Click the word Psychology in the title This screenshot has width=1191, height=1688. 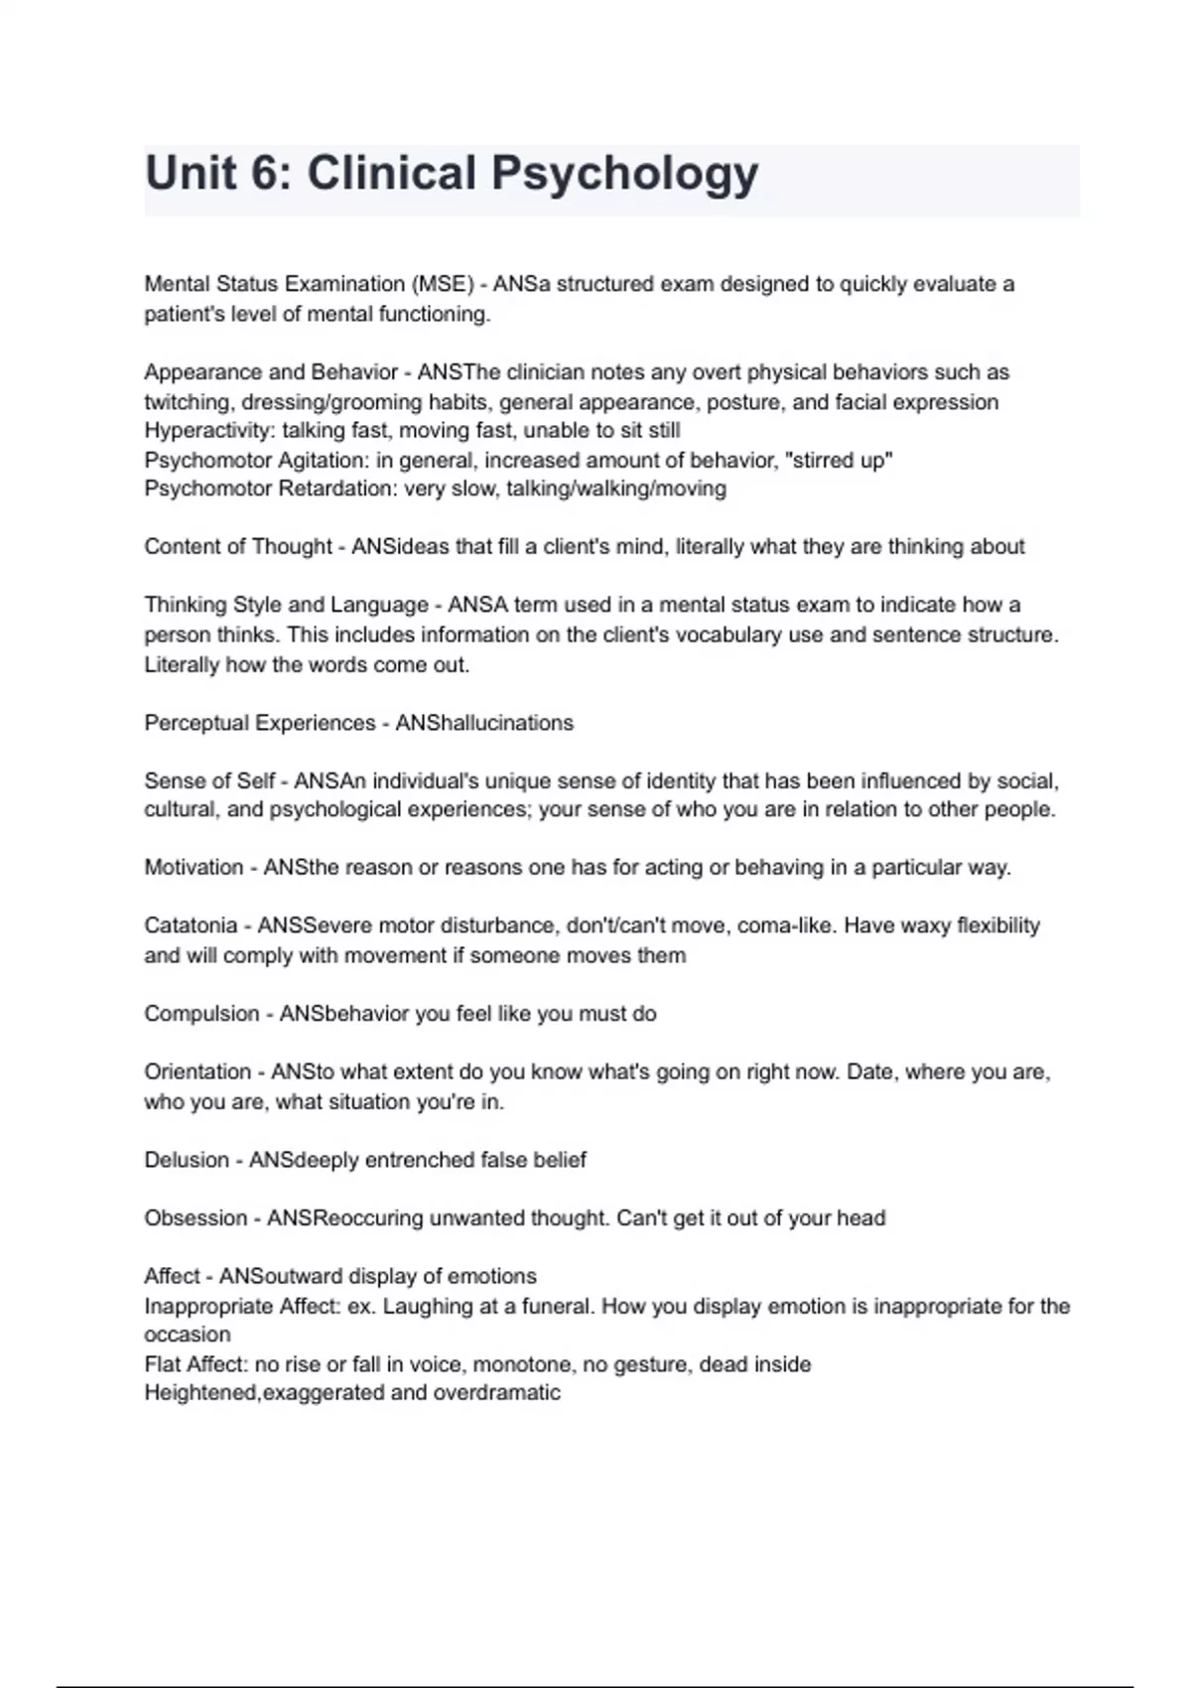[x=625, y=174]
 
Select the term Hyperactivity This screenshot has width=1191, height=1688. [x=209, y=431]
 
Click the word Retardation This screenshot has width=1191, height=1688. [x=337, y=489]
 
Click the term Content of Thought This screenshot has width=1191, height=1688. [x=238, y=547]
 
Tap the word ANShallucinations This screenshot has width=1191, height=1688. [x=484, y=723]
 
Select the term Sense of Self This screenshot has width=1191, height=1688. [x=209, y=781]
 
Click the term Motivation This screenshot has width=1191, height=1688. [x=194, y=868]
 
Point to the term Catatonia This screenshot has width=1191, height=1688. [x=191, y=925]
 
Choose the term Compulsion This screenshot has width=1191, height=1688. [x=201, y=1014]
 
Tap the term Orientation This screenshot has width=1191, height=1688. [x=198, y=1072]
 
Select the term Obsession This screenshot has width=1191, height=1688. [x=196, y=1218]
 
